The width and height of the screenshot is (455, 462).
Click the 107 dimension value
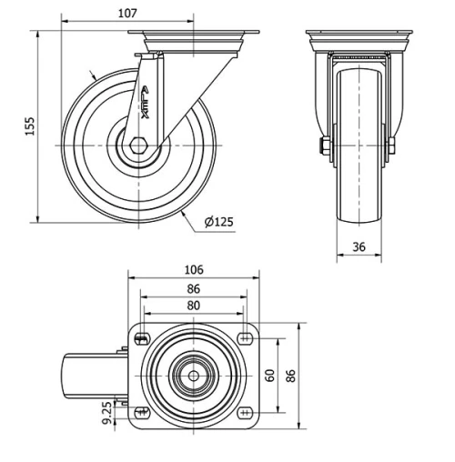click(127, 13)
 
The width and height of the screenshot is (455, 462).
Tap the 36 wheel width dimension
click(359, 246)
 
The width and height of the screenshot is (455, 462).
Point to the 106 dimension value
click(193, 270)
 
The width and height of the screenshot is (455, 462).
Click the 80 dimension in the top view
click(193, 306)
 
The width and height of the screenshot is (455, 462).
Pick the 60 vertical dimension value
click(270, 375)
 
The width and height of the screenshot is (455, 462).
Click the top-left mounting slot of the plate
click(141, 339)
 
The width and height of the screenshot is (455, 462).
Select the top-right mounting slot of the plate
click(245, 339)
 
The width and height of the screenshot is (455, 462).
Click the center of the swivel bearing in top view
click(193, 376)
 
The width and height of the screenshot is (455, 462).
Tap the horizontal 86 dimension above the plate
click(193, 288)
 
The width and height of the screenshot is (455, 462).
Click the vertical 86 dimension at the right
click(292, 375)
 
